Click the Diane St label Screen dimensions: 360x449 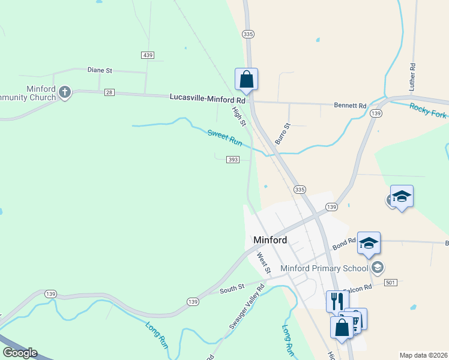100,70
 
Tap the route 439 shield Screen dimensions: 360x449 148,55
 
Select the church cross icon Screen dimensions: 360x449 65,92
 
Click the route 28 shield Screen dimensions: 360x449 109,92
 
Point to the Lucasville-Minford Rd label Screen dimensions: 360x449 208,97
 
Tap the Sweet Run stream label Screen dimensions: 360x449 224,139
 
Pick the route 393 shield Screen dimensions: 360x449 233,160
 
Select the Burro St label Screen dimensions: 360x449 282,134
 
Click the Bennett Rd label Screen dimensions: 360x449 350,106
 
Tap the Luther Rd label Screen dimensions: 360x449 412,77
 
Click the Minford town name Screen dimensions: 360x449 270,240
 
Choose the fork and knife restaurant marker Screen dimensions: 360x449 337,300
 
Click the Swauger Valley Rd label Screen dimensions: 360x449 239,311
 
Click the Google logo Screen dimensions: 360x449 20,353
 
